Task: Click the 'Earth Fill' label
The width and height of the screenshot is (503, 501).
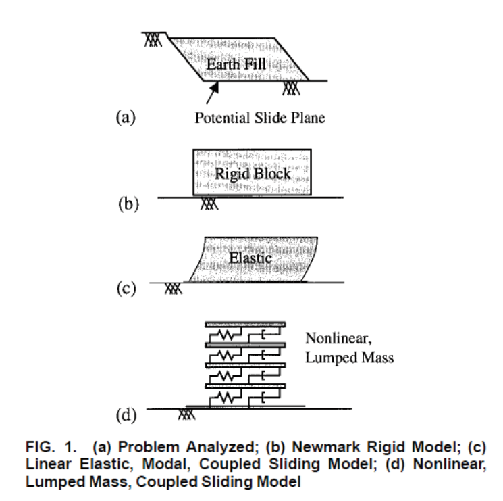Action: (x=236, y=64)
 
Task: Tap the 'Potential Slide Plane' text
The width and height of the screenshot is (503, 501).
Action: (x=260, y=118)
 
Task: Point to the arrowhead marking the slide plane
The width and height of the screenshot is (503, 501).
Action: (x=215, y=87)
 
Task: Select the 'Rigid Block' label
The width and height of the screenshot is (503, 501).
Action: (x=253, y=174)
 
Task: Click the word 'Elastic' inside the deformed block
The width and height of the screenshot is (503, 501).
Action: (x=250, y=258)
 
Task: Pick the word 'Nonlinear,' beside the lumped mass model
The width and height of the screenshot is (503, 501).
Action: (x=338, y=339)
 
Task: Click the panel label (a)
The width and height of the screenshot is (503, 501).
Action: (x=126, y=117)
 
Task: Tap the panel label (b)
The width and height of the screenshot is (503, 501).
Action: (x=129, y=204)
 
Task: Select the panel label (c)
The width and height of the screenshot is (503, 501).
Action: (x=126, y=288)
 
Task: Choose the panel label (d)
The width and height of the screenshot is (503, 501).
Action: (x=126, y=414)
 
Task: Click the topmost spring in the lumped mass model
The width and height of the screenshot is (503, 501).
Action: (x=226, y=335)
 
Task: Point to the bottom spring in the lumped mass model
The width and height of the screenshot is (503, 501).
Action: (x=226, y=398)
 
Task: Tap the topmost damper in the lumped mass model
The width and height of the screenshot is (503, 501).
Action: (x=264, y=335)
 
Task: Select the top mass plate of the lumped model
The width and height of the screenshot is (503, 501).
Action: (x=245, y=325)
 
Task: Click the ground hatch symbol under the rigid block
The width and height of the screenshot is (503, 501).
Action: (x=209, y=204)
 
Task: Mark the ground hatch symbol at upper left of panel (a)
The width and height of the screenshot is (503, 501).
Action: (x=152, y=39)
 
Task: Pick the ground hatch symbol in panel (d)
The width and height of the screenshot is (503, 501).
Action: (x=186, y=414)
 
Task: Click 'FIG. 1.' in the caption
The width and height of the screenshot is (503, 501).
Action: (x=51, y=447)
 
